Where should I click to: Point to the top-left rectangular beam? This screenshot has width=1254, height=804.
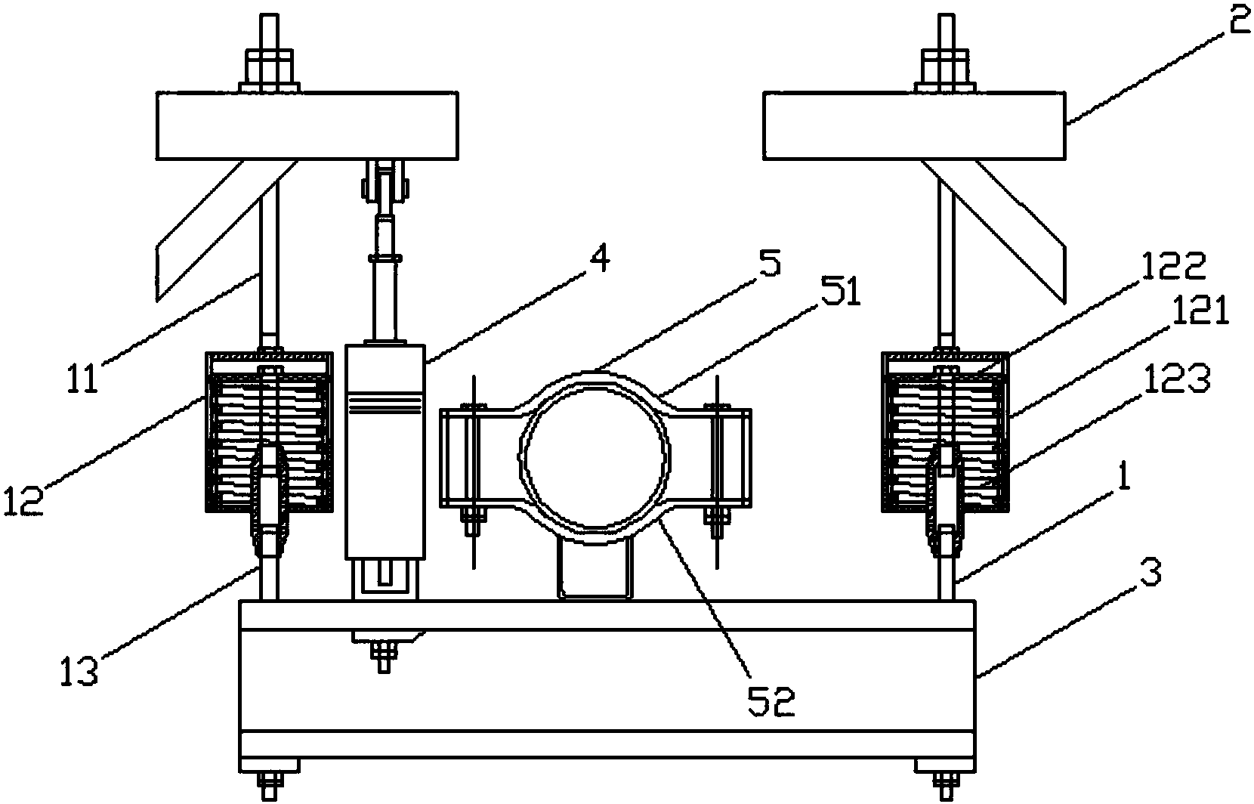307,125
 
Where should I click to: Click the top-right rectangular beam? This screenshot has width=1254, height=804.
915,125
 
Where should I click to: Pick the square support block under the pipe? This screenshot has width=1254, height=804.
593,569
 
